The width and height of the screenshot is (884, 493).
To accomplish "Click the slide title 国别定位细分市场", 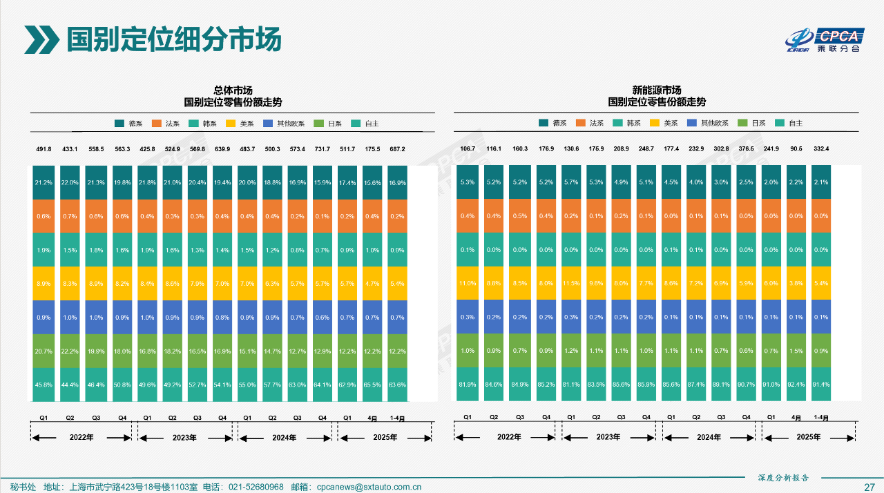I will click(173, 39).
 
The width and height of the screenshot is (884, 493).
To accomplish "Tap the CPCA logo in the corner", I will click(825, 40).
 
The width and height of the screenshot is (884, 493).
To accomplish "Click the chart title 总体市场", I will click(233, 90).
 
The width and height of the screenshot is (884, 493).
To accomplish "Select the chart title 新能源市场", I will click(656, 90).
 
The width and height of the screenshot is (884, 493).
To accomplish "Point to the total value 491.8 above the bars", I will click(44, 149).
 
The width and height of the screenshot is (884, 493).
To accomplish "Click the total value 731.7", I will click(323, 149).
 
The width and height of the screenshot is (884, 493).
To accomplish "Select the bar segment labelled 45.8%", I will click(44, 385).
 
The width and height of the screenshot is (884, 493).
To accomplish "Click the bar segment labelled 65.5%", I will click(372, 385).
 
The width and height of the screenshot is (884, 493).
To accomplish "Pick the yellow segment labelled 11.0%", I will click(468, 283).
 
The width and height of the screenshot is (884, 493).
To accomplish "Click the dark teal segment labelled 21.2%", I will click(44, 182).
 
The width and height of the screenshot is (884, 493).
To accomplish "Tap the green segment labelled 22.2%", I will click(69, 351).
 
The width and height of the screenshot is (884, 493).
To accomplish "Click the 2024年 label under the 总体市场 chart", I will click(284, 438).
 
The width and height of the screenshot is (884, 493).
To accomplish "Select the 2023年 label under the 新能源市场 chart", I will click(608, 437).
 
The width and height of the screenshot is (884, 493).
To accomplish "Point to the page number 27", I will click(869, 487).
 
